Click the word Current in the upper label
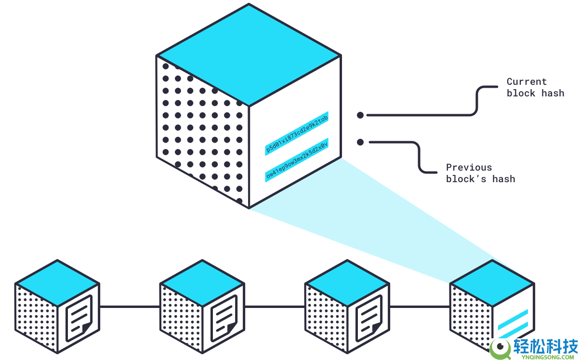(526, 81)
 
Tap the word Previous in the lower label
(469, 167)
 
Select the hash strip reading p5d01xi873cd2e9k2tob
(297, 133)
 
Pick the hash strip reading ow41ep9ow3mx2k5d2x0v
(297, 160)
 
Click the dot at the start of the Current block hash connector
(360, 115)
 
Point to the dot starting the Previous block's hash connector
(360, 142)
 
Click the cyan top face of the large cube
(249, 55)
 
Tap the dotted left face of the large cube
(203, 132)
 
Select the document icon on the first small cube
(79, 318)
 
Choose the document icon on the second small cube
(224, 318)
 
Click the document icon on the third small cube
(369, 318)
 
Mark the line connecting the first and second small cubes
(130, 307)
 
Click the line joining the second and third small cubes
(275, 307)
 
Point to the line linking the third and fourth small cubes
(420, 307)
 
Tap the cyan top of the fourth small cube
(492, 283)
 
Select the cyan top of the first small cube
(57, 283)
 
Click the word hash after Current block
(553, 93)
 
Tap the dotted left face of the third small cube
(326, 318)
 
